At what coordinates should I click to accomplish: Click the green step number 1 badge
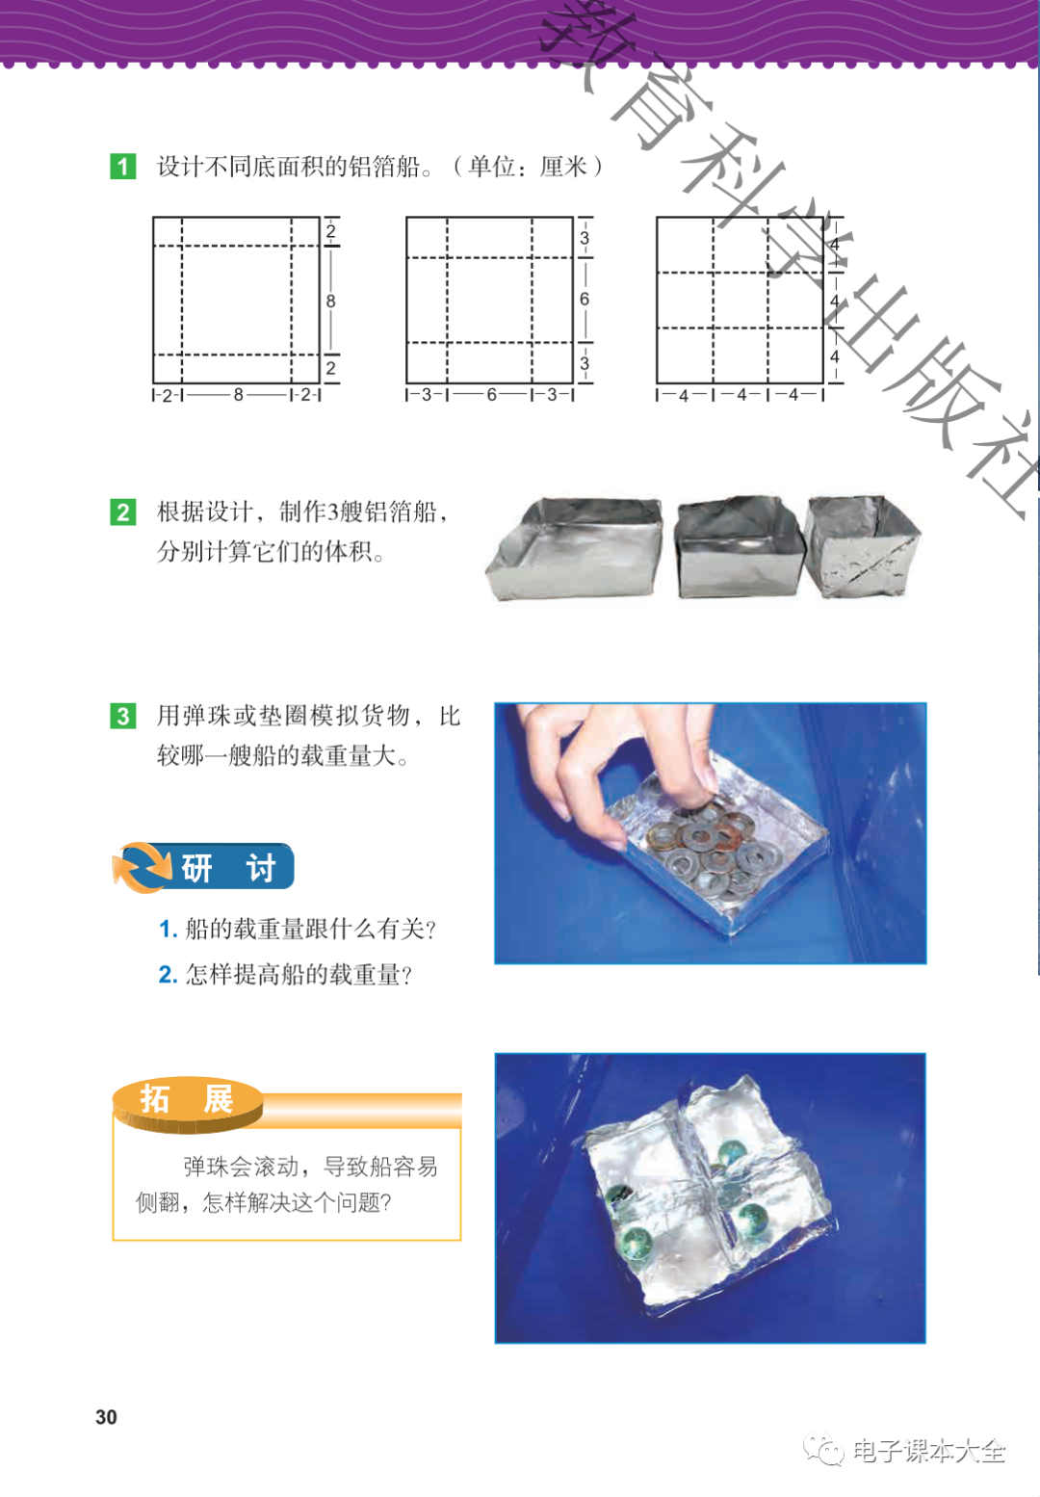(x=123, y=167)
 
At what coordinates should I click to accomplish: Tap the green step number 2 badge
(x=123, y=512)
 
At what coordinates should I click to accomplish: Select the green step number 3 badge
(x=123, y=716)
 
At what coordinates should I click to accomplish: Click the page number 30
(x=106, y=1417)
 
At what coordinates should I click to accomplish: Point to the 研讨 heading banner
(x=203, y=867)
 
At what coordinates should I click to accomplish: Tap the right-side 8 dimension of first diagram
(x=330, y=302)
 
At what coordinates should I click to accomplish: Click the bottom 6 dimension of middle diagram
(x=491, y=395)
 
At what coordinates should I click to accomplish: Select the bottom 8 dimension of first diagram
(x=238, y=395)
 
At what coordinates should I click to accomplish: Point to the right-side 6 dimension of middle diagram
(x=585, y=299)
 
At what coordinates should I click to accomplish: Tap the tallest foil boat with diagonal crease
(x=862, y=546)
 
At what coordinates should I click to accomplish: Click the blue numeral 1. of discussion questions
(x=168, y=929)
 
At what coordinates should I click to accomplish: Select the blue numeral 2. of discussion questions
(x=168, y=975)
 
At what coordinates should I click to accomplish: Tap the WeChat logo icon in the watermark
(x=825, y=1450)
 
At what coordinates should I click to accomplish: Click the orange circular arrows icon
(x=142, y=867)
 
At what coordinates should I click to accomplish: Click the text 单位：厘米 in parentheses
(x=528, y=167)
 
